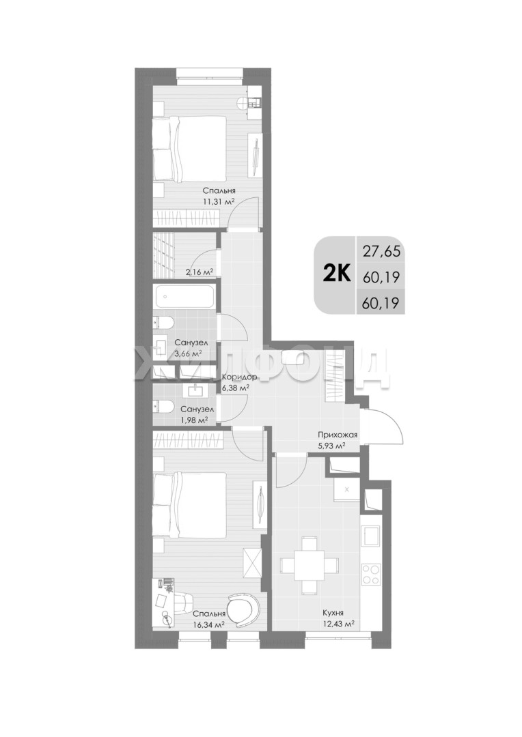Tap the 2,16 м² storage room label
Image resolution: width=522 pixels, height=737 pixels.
(x=200, y=271)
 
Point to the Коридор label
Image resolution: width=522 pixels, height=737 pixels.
(x=239, y=377)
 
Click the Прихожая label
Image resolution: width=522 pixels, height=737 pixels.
(x=338, y=435)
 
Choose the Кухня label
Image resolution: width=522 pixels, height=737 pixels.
(x=332, y=613)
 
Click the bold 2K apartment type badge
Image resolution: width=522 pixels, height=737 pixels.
(x=337, y=274)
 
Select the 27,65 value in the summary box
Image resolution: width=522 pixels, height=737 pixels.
(x=381, y=251)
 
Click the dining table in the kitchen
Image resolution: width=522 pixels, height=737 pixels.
(x=310, y=564)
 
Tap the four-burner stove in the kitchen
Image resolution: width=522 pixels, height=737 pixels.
(x=371, y=575)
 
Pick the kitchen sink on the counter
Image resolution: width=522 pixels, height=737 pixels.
(x=371, y=536)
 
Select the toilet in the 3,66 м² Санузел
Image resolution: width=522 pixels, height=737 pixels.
(x=163, y=323)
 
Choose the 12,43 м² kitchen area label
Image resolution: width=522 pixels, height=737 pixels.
(x=338, y=624)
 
